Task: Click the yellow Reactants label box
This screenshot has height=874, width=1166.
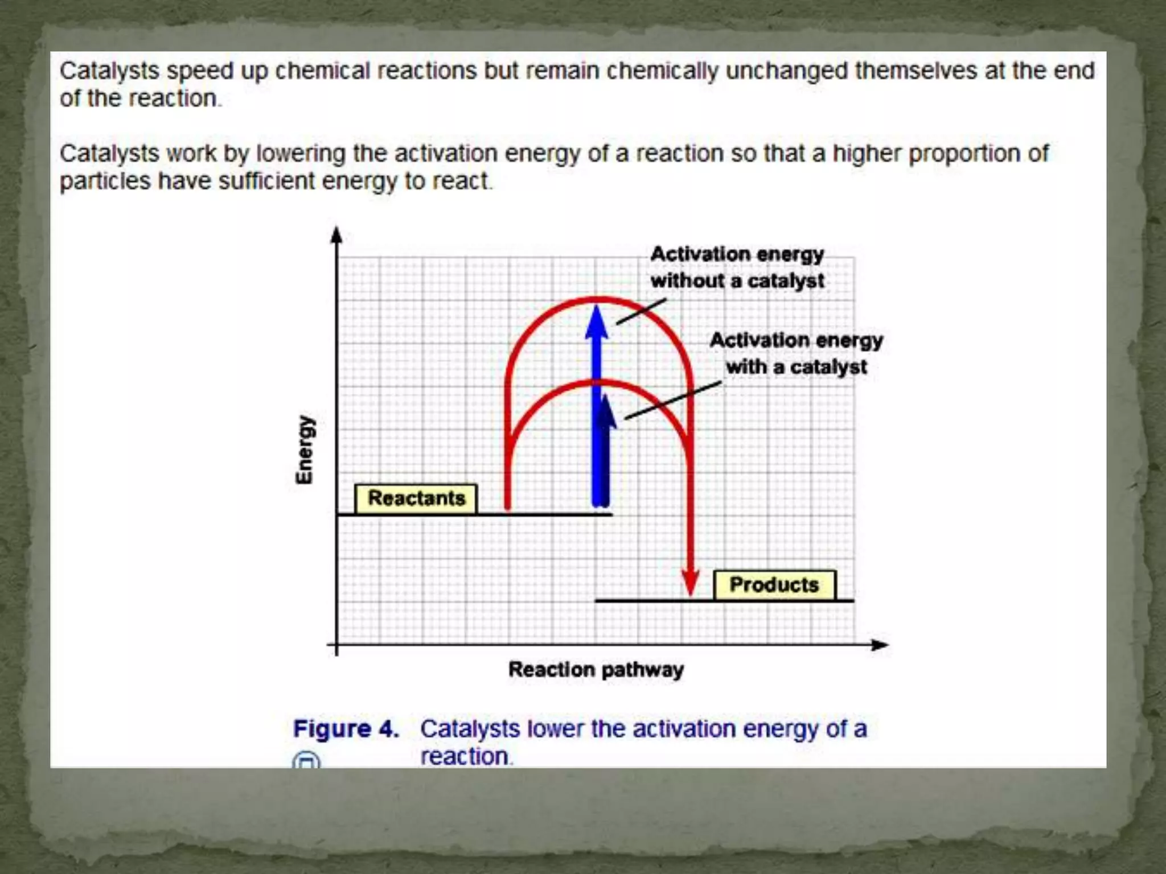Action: tap(416, 498)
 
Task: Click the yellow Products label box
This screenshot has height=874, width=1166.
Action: tap(774, 585)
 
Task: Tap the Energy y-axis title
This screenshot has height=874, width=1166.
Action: tap(305, 450)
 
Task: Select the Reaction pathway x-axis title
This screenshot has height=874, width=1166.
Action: tap(596, 670)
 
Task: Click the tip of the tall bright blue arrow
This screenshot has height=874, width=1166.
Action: tap(596, 308)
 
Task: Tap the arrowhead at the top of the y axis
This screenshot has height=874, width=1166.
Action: tap(336, 233)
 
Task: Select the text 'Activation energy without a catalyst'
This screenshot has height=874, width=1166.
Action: tap(737, 267)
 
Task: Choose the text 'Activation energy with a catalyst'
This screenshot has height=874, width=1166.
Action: tap(796, 353)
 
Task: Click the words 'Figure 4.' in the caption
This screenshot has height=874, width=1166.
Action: tap(346, 729)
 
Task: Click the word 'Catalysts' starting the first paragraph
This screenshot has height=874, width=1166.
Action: tap(109, 71)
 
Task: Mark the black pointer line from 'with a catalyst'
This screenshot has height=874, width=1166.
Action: tap(673, 401)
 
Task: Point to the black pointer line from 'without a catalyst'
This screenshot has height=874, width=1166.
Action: tap(641, 312)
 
